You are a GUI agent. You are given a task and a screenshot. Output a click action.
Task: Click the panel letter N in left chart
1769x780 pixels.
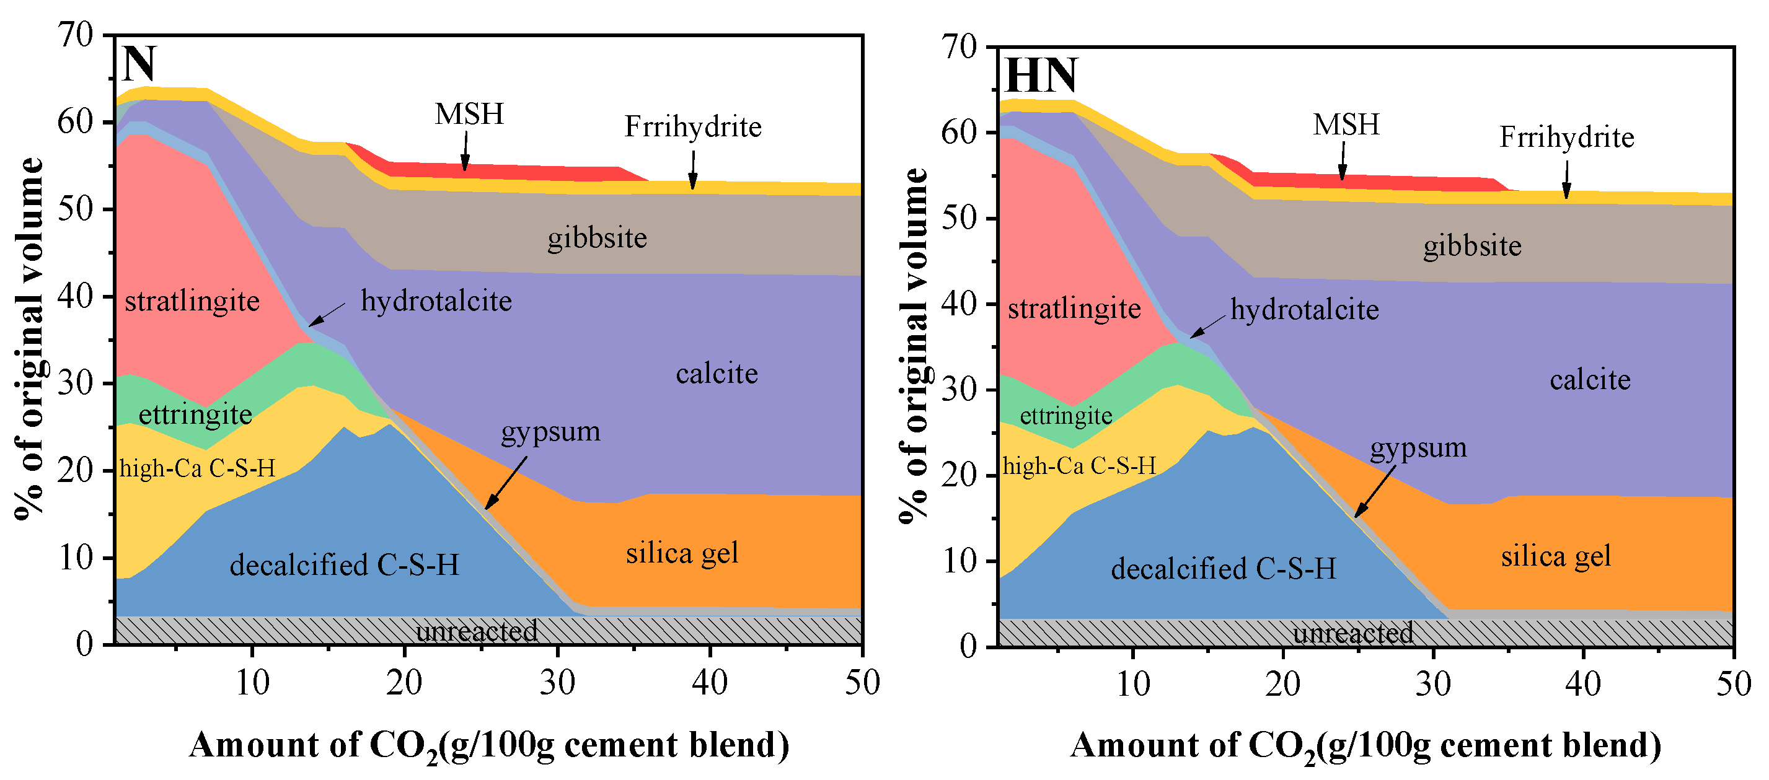point(139,64)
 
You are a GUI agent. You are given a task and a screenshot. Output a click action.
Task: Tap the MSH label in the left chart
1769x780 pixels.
point(469,114)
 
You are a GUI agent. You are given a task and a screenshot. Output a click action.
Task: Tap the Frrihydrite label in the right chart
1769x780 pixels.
point(1566,138)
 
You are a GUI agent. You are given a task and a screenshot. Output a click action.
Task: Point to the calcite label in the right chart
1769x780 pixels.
point(1590,380)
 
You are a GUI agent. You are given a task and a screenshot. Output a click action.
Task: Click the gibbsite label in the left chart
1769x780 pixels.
point(597,239)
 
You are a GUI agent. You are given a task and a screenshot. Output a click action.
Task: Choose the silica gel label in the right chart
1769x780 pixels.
point(1555,556)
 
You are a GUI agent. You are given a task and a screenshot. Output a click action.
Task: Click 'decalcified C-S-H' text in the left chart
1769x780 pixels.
point(344,565)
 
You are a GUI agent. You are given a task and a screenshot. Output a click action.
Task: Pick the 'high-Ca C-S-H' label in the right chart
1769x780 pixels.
point(1079,467)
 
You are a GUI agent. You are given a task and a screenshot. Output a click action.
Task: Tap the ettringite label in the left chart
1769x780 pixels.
point(195,414)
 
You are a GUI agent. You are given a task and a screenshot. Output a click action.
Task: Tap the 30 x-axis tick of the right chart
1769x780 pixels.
point(1433,685)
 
